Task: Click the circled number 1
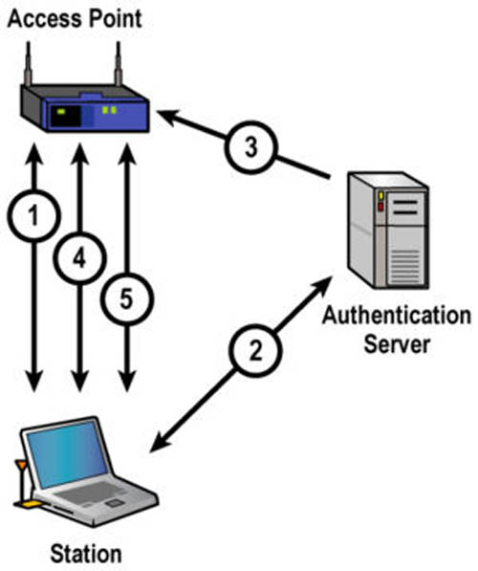tap(33, 215)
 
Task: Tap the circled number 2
tap(255, 351)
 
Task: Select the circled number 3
tap(250, 147)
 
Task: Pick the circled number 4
tap(79, 258)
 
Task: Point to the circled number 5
tap(127, 299)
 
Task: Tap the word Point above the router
tap(114, 19)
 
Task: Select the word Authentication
tap(397, 316)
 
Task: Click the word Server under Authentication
tap(397, 344)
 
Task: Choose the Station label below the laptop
tap(86, 554)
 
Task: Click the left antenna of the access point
tap(28, 64)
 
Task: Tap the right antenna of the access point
tap(118, 64)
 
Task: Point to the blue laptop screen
tap(68, 454)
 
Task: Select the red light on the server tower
tap(380, 207)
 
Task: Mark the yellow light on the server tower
tap(380, 195)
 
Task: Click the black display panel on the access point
tap(65, 116)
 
